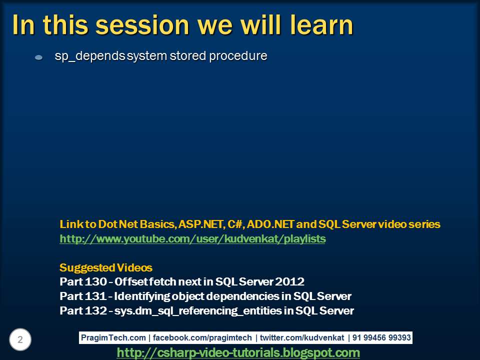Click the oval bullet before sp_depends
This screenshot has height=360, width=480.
click(x=38, y=58)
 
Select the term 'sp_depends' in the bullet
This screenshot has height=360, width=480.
click(x=89, y=56)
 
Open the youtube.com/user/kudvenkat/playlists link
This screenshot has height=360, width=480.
click(x=192, y=239)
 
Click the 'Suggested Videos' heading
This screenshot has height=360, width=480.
click(x=106, y=267)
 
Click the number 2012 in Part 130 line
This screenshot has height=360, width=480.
click(x=292, y=281)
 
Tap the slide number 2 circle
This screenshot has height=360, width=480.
click(x=20, y=340)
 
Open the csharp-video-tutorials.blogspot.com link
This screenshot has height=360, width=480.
click(x=238, y=353)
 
